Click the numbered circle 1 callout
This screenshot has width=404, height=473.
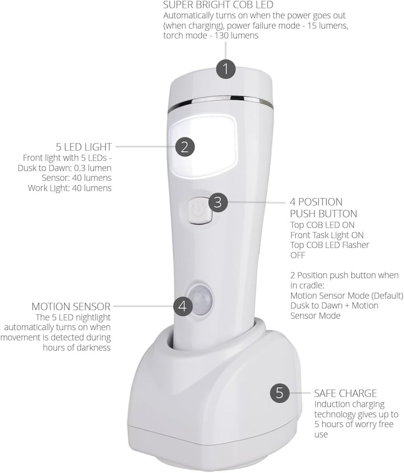(x=226, y=68)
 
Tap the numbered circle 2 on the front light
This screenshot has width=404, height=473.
(x=185, y=146)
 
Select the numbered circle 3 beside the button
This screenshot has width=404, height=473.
(x=218, y=202)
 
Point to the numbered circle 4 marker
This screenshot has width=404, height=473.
(x=183, y=306)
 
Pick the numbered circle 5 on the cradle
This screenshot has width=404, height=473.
(x=280, y=393)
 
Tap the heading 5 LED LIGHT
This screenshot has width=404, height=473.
(x=84, y=147)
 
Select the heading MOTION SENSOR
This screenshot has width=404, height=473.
(x=71, y=306)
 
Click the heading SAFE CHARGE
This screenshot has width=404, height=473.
(x=345, y=393)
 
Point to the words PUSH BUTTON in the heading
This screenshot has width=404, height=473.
(x=323, y=214)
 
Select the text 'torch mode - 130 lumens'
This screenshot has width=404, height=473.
(x=211, y=35)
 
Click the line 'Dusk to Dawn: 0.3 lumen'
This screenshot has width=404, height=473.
(x=68, y=168)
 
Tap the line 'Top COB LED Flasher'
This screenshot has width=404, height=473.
(x=329, y=245)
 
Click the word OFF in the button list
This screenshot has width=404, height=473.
(x=298, y=255)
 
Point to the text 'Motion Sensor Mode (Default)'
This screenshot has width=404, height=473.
(x=346, y=296)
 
